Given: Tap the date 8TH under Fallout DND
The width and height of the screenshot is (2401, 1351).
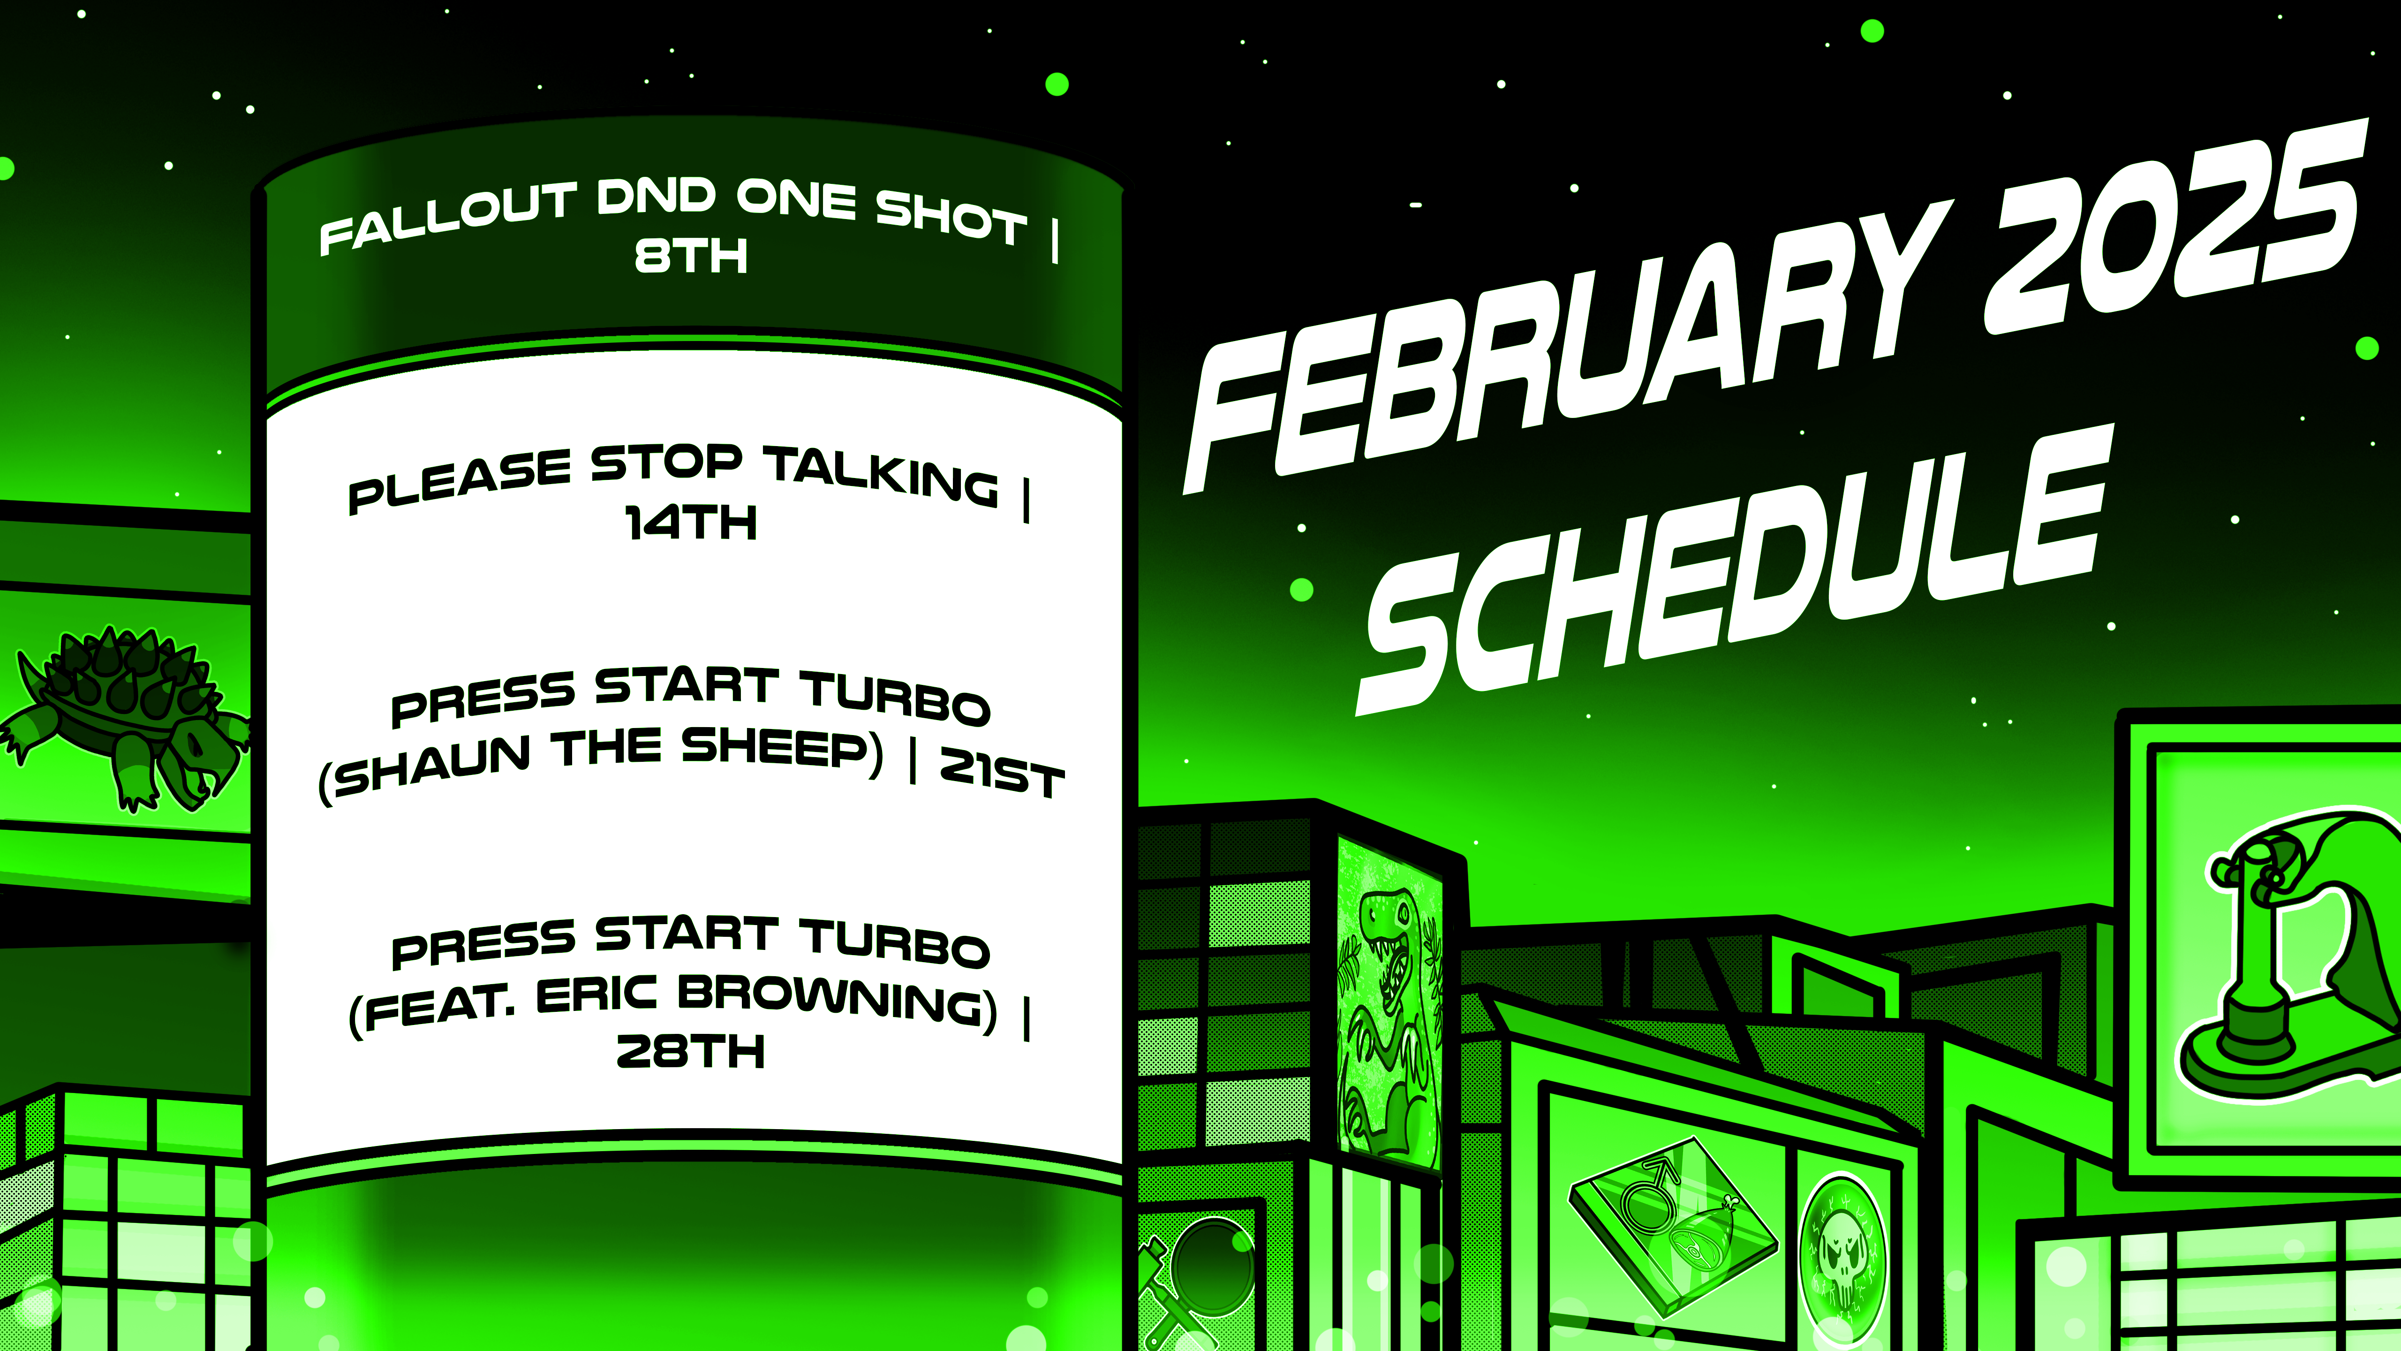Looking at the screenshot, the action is tap(691, 256).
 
